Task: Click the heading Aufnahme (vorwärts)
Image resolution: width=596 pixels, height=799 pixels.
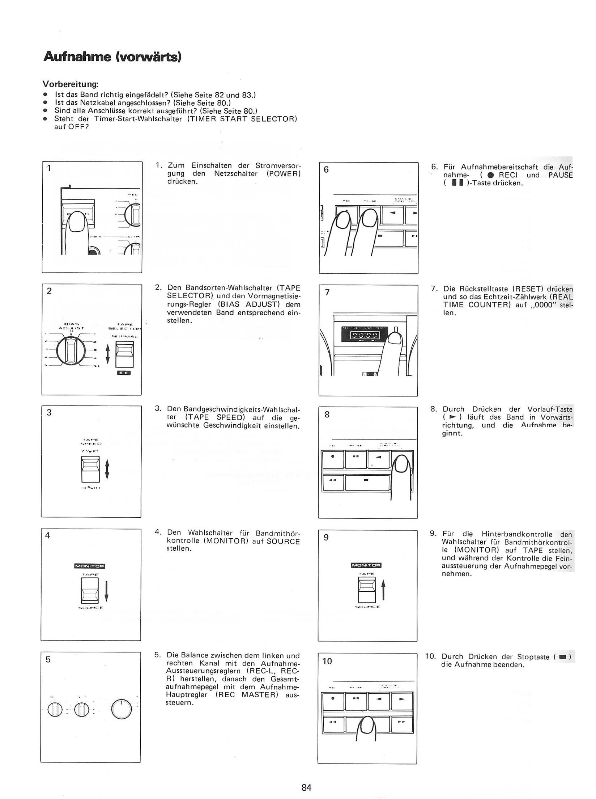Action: click(112, 57)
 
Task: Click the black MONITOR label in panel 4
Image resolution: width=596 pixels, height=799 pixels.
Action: click(89, 566)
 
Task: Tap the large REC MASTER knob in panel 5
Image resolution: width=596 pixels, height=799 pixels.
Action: click(121, 709)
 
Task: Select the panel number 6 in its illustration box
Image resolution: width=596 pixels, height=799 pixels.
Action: click(326, 169)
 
